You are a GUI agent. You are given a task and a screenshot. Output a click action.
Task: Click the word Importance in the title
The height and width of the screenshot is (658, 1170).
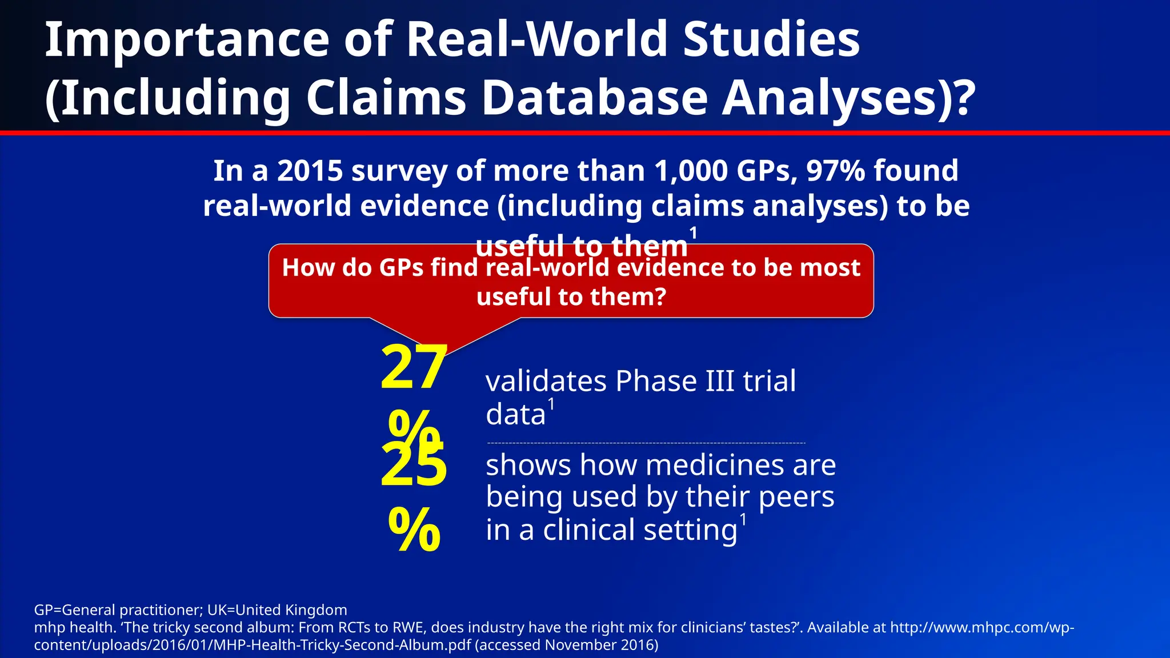click(x=187, y=40)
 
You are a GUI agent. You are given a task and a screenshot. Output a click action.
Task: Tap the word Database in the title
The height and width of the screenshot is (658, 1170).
click(x=595, y=98)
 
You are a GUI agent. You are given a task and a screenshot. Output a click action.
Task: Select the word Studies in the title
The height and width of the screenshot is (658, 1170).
click(x=771, y=40)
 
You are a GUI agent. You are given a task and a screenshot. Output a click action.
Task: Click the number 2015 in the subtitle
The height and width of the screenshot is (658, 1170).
click(x=310, y=171)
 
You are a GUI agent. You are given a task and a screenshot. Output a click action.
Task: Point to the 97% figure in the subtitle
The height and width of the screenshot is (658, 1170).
click(x=835, y=171)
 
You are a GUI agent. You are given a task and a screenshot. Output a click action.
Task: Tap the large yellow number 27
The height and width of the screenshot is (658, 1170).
click(x=414, y=367)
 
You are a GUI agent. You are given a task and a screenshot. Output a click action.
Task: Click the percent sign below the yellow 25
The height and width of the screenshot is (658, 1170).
click(x=414, y=529)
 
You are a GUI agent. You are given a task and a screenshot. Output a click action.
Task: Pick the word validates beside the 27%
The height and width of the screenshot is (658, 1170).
click(x=546, y=381)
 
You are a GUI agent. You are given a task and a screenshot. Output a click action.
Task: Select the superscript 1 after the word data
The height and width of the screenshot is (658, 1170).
click(x=551, y=404)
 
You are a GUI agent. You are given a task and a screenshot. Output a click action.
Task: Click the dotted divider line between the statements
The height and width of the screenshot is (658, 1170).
click(x=646, y=443)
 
